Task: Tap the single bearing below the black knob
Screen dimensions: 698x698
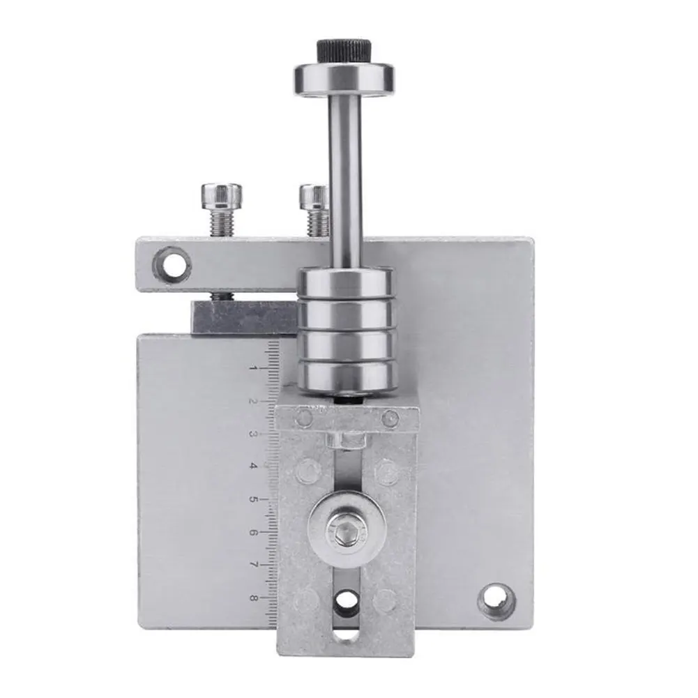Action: click(x=344, y=79)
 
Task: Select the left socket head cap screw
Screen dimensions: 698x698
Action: click(x=222, y=208)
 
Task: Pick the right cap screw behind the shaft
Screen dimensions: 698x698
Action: click(x=314, y=209)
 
